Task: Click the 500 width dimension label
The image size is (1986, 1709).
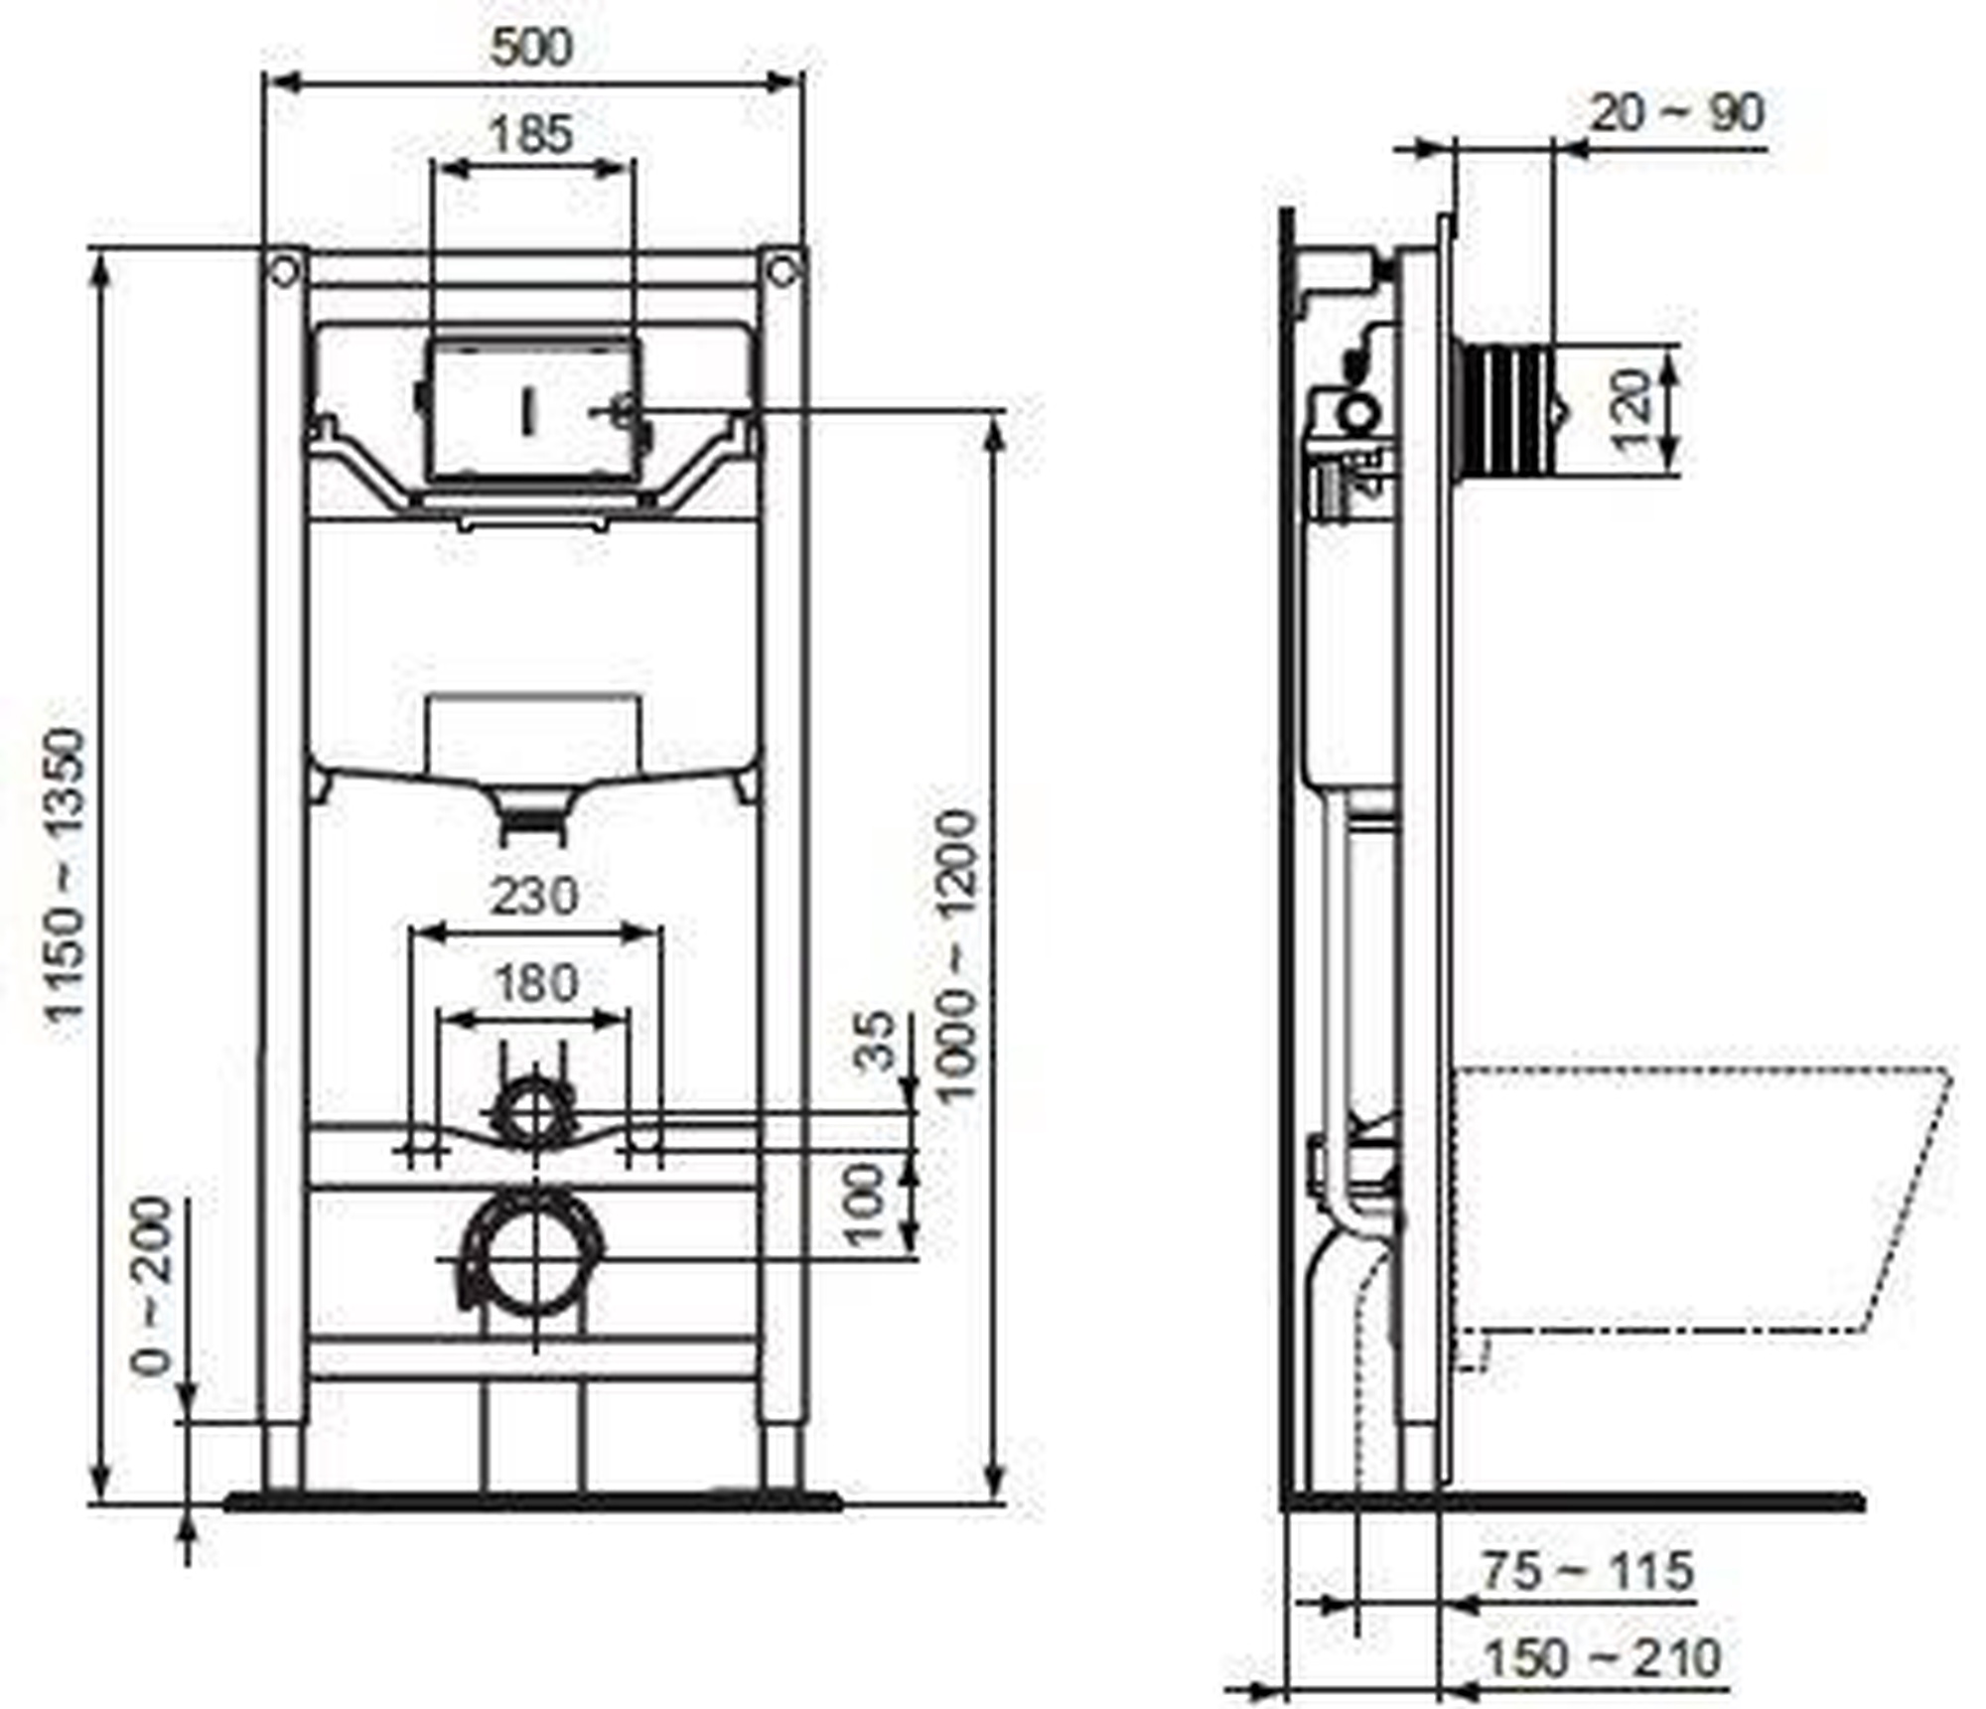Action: (x=532, y=47)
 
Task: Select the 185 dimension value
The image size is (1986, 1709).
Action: (x=532, y=134)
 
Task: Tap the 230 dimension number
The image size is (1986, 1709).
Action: (x=534, y=896)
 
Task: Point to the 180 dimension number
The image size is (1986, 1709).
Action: (x=534, y=983)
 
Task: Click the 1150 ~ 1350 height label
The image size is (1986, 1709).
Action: (x=69, y=875)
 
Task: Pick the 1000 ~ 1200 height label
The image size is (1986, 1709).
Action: (x=958, y=957)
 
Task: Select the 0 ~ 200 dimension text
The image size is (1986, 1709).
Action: (x=152, y=1286)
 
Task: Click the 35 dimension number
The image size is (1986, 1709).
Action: (x=875, y=1041)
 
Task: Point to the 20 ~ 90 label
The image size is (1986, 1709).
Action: (x=1677, y=113)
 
